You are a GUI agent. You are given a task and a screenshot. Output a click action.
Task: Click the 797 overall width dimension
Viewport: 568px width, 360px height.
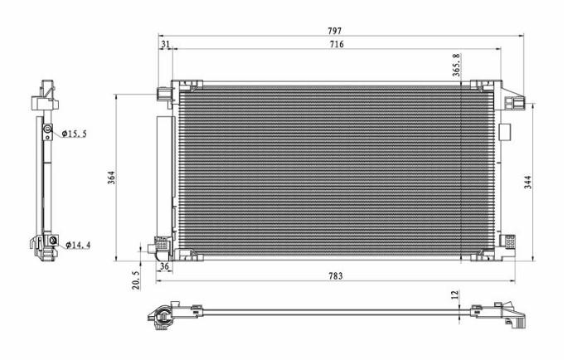tap(334, 31)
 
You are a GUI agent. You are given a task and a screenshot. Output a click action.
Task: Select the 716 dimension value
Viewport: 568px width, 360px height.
tap(337, 44)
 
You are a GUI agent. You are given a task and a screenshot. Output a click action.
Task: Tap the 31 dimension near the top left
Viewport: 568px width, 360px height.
tap(165, 44)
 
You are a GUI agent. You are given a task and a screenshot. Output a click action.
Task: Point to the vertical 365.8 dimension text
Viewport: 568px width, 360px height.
tap(456, 65)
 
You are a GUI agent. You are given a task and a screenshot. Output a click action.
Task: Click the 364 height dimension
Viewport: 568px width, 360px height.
tap(112, 178)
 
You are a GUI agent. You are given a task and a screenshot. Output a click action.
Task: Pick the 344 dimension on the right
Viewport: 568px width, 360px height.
tap(528, 182)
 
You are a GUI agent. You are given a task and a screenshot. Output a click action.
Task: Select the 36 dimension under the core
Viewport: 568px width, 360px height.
tap(164, 266)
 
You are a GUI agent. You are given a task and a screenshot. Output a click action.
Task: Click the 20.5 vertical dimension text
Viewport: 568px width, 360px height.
tap(136, 280)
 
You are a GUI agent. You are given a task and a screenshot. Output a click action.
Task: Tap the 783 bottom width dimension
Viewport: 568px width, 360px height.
tap(336, 276)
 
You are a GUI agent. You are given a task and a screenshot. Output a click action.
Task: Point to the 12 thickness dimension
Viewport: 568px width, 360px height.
tap(455, 294)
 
